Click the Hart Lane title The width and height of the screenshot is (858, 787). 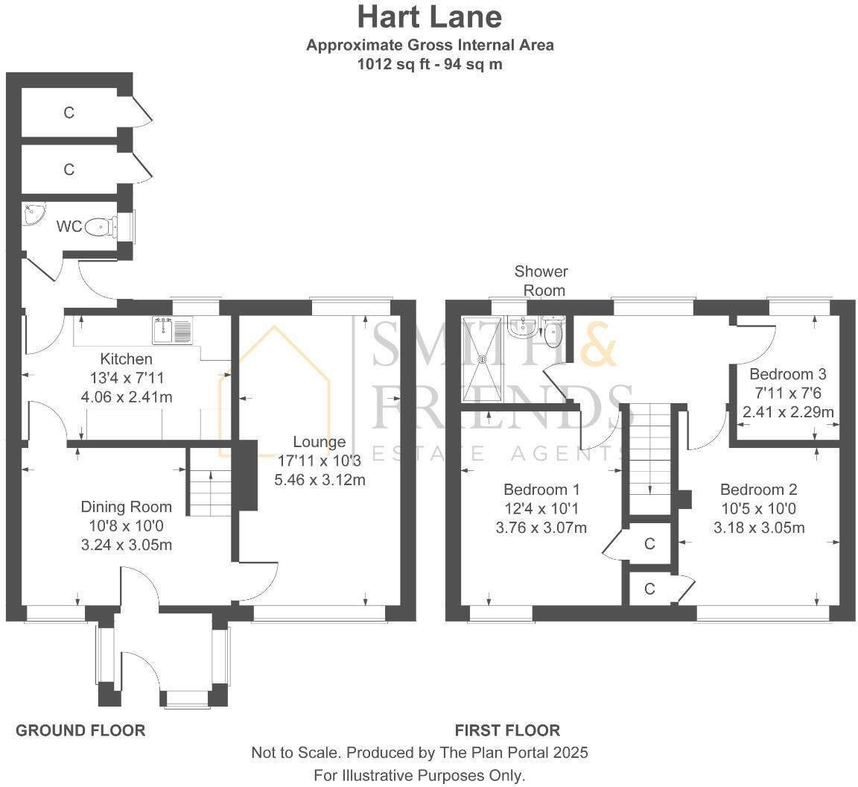pyautogui.click(x=430, y=16)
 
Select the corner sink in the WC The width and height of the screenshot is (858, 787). pyautogui.click(x=34, y=214)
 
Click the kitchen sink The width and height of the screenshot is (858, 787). pyautogui.click(x=172, y=330)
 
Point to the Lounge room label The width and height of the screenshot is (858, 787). pyautogui.click(x=320, y=442)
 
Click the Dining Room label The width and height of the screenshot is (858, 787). pyautogui.click(x=126, y=507)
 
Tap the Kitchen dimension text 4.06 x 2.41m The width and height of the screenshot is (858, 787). pyautogui.click(x=127, y=397)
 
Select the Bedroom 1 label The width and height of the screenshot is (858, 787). pyautogui.click(x=541, y=490)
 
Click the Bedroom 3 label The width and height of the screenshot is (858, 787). pyautogui.click(x=788, y=373)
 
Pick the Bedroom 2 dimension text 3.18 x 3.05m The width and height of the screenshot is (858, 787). pyautogui.click(x=759, y=528)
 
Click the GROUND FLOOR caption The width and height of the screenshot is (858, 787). pyautogui.click(x=80, y=730)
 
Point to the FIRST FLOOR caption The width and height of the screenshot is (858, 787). pyautogui.click(x=507, y=730)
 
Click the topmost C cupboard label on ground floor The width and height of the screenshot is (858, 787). pyautogui.click(x=69, y=113)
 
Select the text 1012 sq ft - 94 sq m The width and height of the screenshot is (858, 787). pyautogui.click(x=430, y=64)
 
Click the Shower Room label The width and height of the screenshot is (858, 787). pyautogui.click(x=541, y=280)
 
